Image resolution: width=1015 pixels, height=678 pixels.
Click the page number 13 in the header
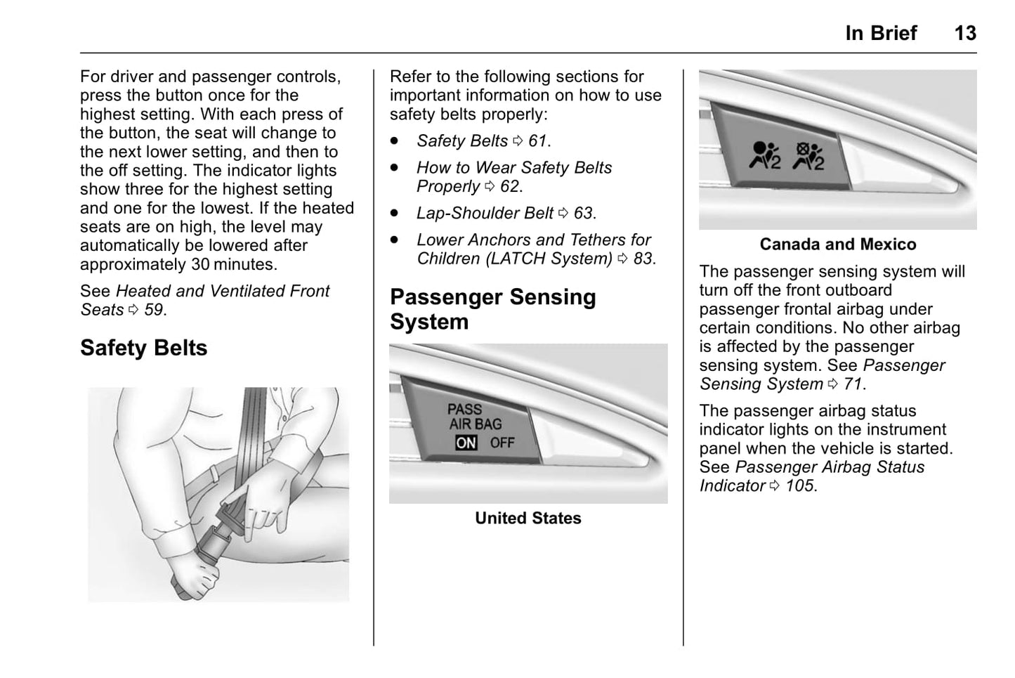pos(964,33)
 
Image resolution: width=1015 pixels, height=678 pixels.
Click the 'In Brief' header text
pos(881,33)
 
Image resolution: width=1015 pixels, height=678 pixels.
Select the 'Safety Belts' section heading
pos(143,348)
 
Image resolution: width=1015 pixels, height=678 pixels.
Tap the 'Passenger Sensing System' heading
pos(492,309)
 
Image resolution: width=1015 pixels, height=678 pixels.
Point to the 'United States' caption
pos(528,519)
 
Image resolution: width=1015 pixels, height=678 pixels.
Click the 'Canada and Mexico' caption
pos(837,245)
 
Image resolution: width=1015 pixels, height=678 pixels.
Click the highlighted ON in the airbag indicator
pos(466,443)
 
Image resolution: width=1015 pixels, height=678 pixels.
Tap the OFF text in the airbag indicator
pos(502,443)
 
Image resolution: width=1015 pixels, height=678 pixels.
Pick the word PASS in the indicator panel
pos(464,409)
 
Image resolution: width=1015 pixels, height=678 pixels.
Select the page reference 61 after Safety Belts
pos(537,141)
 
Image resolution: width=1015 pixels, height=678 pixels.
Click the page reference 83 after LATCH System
pos(643,259)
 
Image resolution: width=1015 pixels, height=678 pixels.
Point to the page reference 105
pos(799,486)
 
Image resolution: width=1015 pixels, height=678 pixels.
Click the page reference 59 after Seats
pos(154,310)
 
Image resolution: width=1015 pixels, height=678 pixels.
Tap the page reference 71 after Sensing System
pos(853,384)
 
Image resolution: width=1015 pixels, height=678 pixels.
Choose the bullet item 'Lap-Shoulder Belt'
pos(485,213)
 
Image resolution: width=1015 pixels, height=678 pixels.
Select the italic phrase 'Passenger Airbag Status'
pos(830,467)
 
